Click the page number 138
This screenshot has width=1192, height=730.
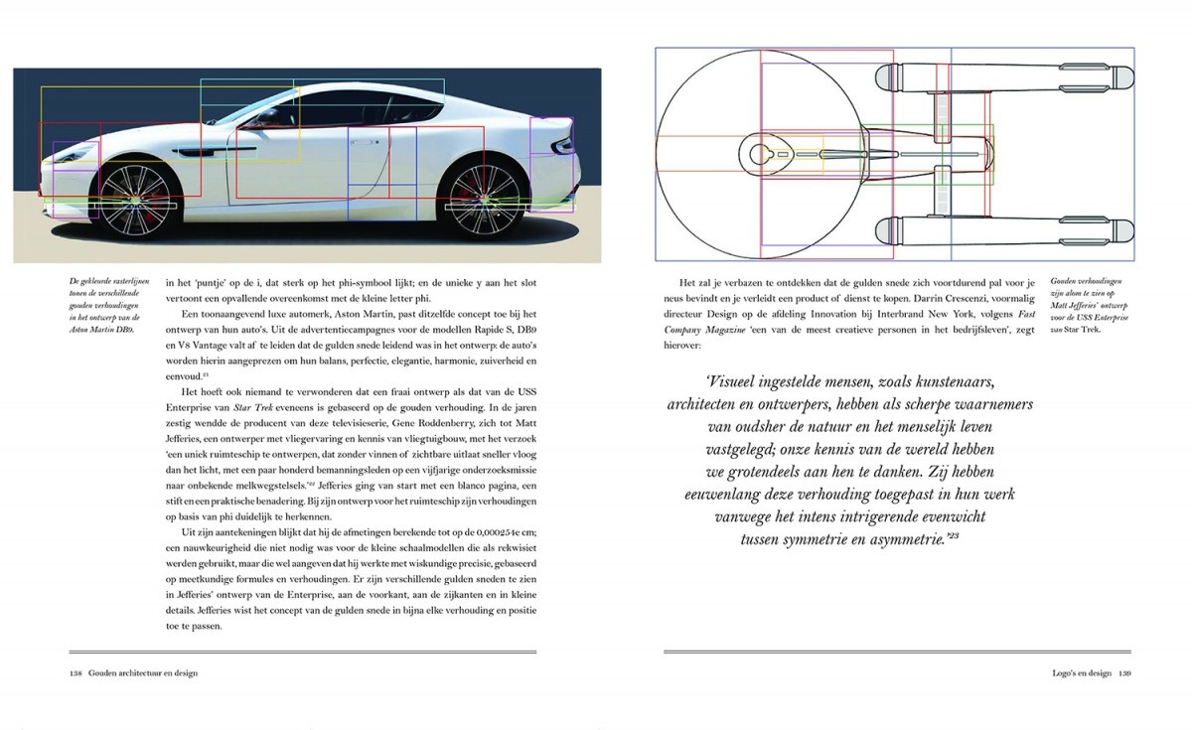tap(74, 672)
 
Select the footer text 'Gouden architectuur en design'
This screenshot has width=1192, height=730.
tap(142, 672)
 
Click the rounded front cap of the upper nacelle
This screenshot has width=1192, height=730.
tap(884, 74)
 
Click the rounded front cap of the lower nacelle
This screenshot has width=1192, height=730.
tap(884, 233)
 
